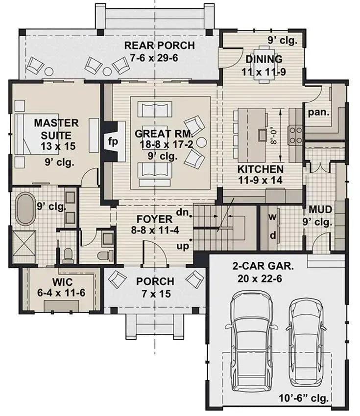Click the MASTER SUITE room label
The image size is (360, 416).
tap(56, 128)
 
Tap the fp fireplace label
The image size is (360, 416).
tap(113, 142)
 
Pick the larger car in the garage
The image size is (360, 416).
tap(251, 337)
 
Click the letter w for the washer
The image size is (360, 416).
tap(273, 216)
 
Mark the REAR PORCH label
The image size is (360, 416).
tap(159, 46)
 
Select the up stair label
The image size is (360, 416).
tap(183, 246)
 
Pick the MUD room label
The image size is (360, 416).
tap(321, 210)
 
